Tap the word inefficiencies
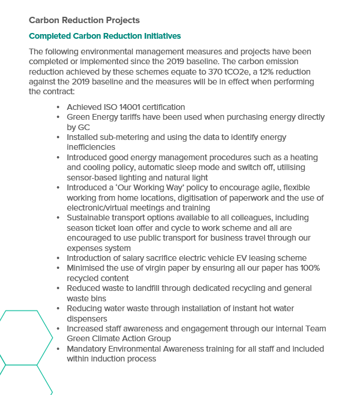pos(91,147)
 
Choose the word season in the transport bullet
pos(81,228)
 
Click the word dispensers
pos(87,319)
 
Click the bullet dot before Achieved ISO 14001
pos(58,108)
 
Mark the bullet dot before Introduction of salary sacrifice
pos(58,259)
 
